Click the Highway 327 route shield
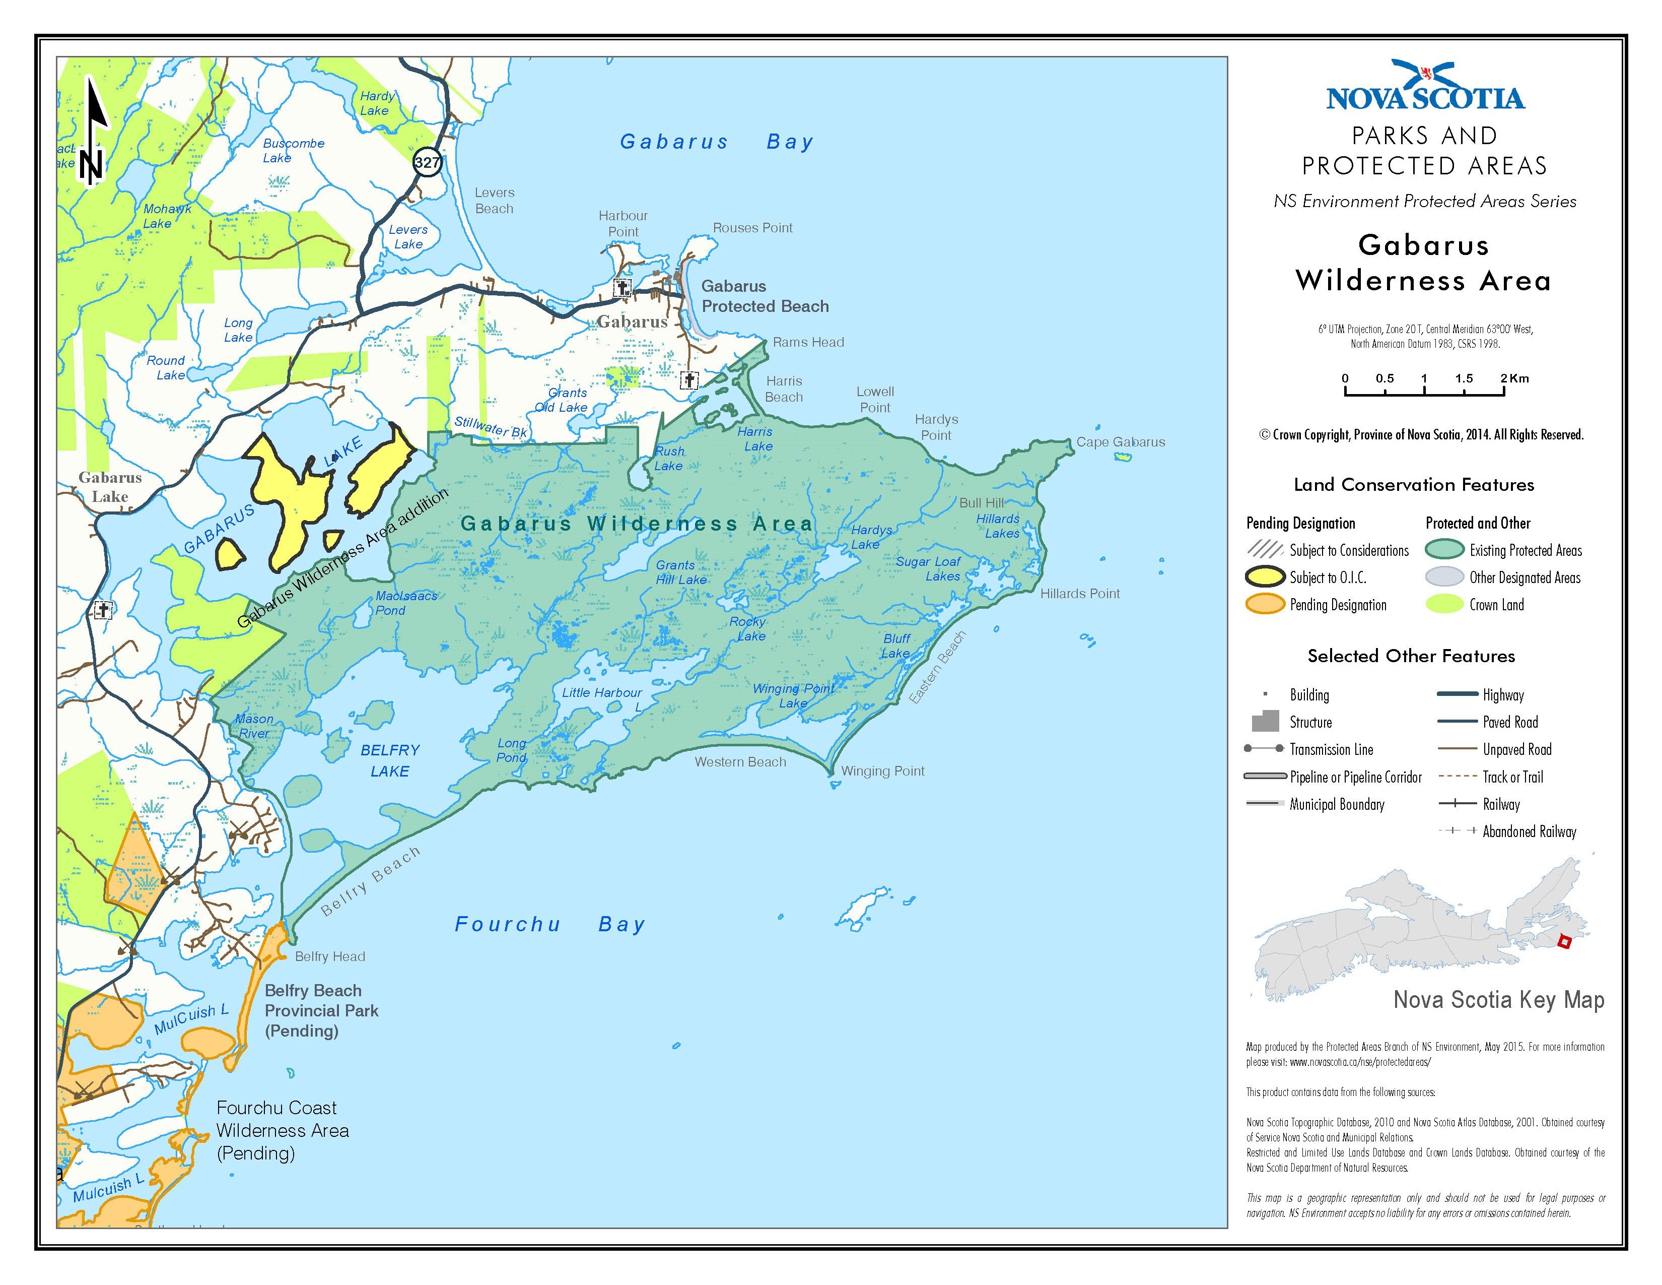428,162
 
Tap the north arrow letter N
91,166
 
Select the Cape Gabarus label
1120,442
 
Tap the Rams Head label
808,343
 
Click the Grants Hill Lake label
681,572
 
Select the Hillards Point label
1080,594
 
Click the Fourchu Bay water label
549,924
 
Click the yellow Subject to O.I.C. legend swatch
1265,577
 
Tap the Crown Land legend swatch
1443,604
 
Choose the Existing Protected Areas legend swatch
1443,550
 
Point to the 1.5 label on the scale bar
1464,378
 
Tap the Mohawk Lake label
167,216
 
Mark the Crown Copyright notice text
1421,435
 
